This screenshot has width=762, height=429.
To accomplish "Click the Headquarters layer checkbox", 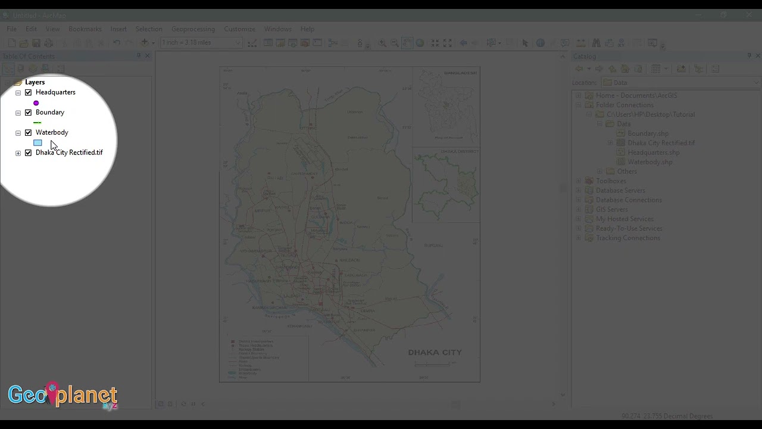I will [28, 93].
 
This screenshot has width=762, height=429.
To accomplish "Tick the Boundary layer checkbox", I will [28, 113].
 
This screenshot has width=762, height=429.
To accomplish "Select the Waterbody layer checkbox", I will [28, 133].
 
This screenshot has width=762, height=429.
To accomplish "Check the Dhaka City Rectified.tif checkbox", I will [28, 153].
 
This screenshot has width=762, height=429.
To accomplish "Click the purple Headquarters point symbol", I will [36, 103].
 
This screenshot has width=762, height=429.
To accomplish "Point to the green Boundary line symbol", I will [38, 123].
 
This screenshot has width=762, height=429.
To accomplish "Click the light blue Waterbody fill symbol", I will [38, 143].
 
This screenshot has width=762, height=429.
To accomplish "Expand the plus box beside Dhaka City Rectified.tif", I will [18, 153].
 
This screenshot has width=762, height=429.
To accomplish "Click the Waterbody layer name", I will [52, 132].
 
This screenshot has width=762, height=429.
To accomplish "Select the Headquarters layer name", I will [55, 92].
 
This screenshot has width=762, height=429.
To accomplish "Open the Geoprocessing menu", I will [193, 29].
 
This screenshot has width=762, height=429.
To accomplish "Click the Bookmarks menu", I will [85, 29].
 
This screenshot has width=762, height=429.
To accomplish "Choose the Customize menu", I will [239, 29].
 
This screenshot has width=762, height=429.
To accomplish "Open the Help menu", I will [307, 29].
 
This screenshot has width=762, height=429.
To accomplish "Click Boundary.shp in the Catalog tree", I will [648, 133].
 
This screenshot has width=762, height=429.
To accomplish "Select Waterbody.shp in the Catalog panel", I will [649, 162].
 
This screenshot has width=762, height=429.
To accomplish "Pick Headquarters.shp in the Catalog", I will [653, 153].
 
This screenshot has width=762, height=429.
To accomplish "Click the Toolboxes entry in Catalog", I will [611, 181].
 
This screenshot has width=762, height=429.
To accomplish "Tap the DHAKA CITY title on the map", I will [435, 352].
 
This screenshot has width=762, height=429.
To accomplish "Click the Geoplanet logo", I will [63, 395].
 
